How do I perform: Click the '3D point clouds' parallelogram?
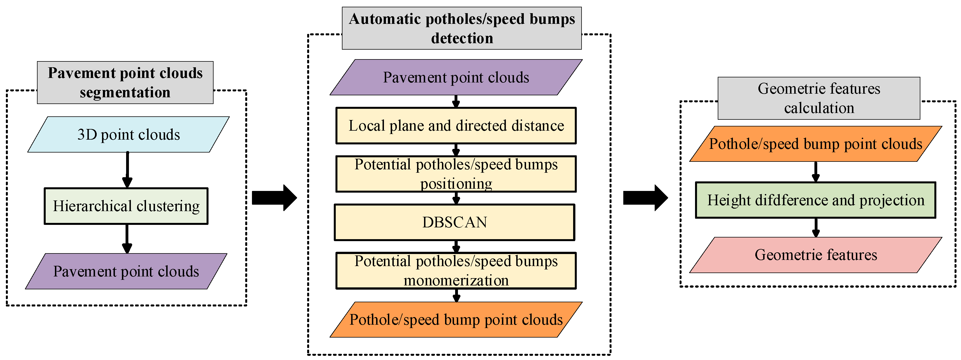128,134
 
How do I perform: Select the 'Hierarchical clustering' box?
126,206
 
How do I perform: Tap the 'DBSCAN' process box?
454,222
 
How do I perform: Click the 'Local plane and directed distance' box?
456,126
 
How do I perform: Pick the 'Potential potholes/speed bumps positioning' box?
456,174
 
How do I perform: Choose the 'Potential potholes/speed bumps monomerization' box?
456,271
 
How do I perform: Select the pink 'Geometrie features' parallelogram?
816,255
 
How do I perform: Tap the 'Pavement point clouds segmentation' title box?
125,82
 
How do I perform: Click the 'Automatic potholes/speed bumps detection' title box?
462,28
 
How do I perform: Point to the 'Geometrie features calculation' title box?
819,98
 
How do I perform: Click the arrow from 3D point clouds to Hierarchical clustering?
127,170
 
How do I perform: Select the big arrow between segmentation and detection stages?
274,198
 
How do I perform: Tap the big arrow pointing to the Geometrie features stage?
645,198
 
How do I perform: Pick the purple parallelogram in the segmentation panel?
126,271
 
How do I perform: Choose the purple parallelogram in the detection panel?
456,77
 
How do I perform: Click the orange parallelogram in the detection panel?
456,319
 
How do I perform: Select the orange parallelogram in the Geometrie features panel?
816,144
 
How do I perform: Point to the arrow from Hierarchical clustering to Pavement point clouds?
127,239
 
